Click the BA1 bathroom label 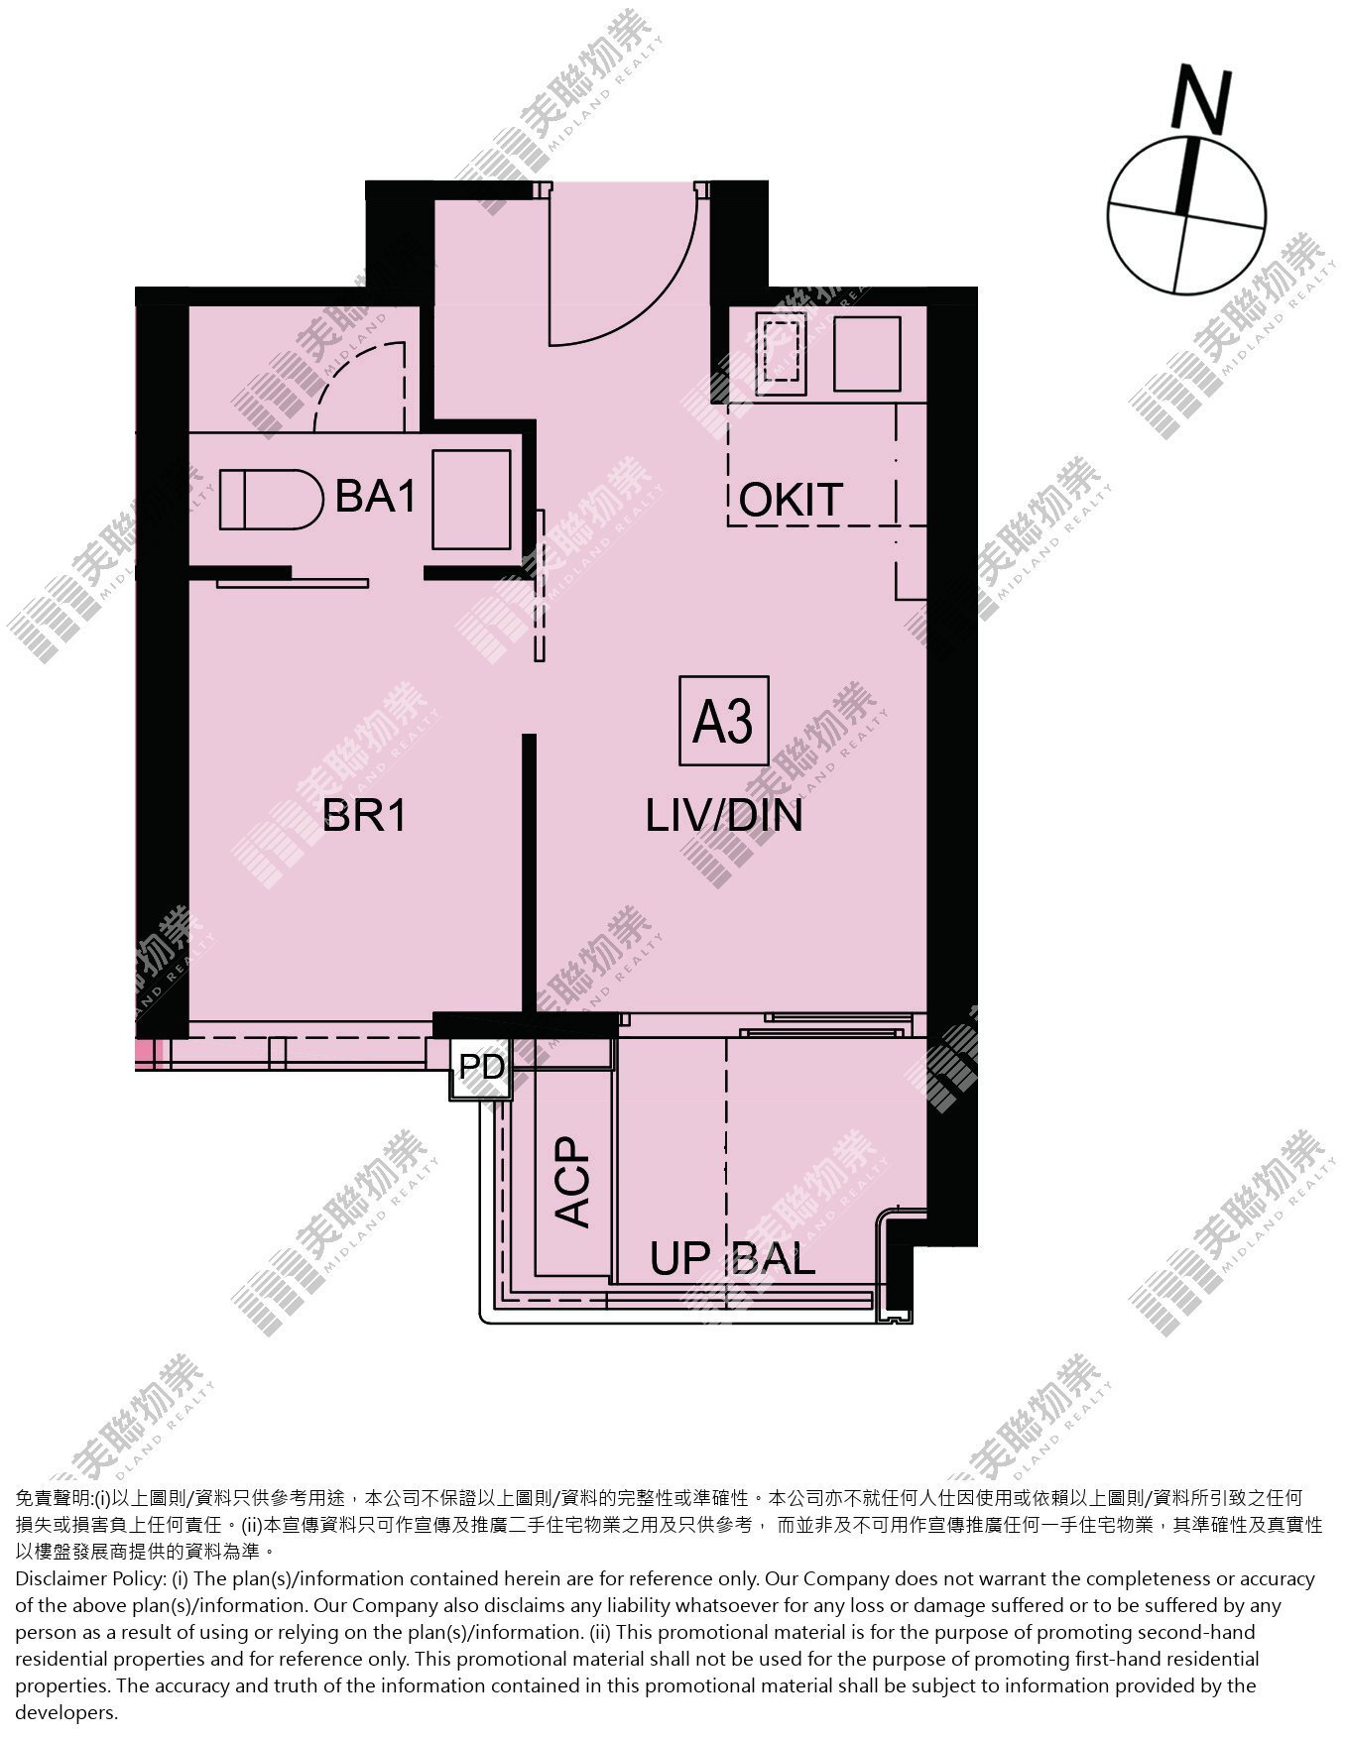[x=375, y=496]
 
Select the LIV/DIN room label [x=724, y=816]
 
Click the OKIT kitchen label [x=791, y=501]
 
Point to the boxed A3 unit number [x=723, y=721]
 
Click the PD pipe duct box [x=482, y=1068]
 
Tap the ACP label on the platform [x=572, y=1182]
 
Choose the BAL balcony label [x=774, y=1259]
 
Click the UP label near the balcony [x=681, y=1259]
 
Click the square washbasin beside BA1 [x=472, y=499]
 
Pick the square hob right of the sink [x=867, y=353]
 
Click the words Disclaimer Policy [x=89, y=1578]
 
